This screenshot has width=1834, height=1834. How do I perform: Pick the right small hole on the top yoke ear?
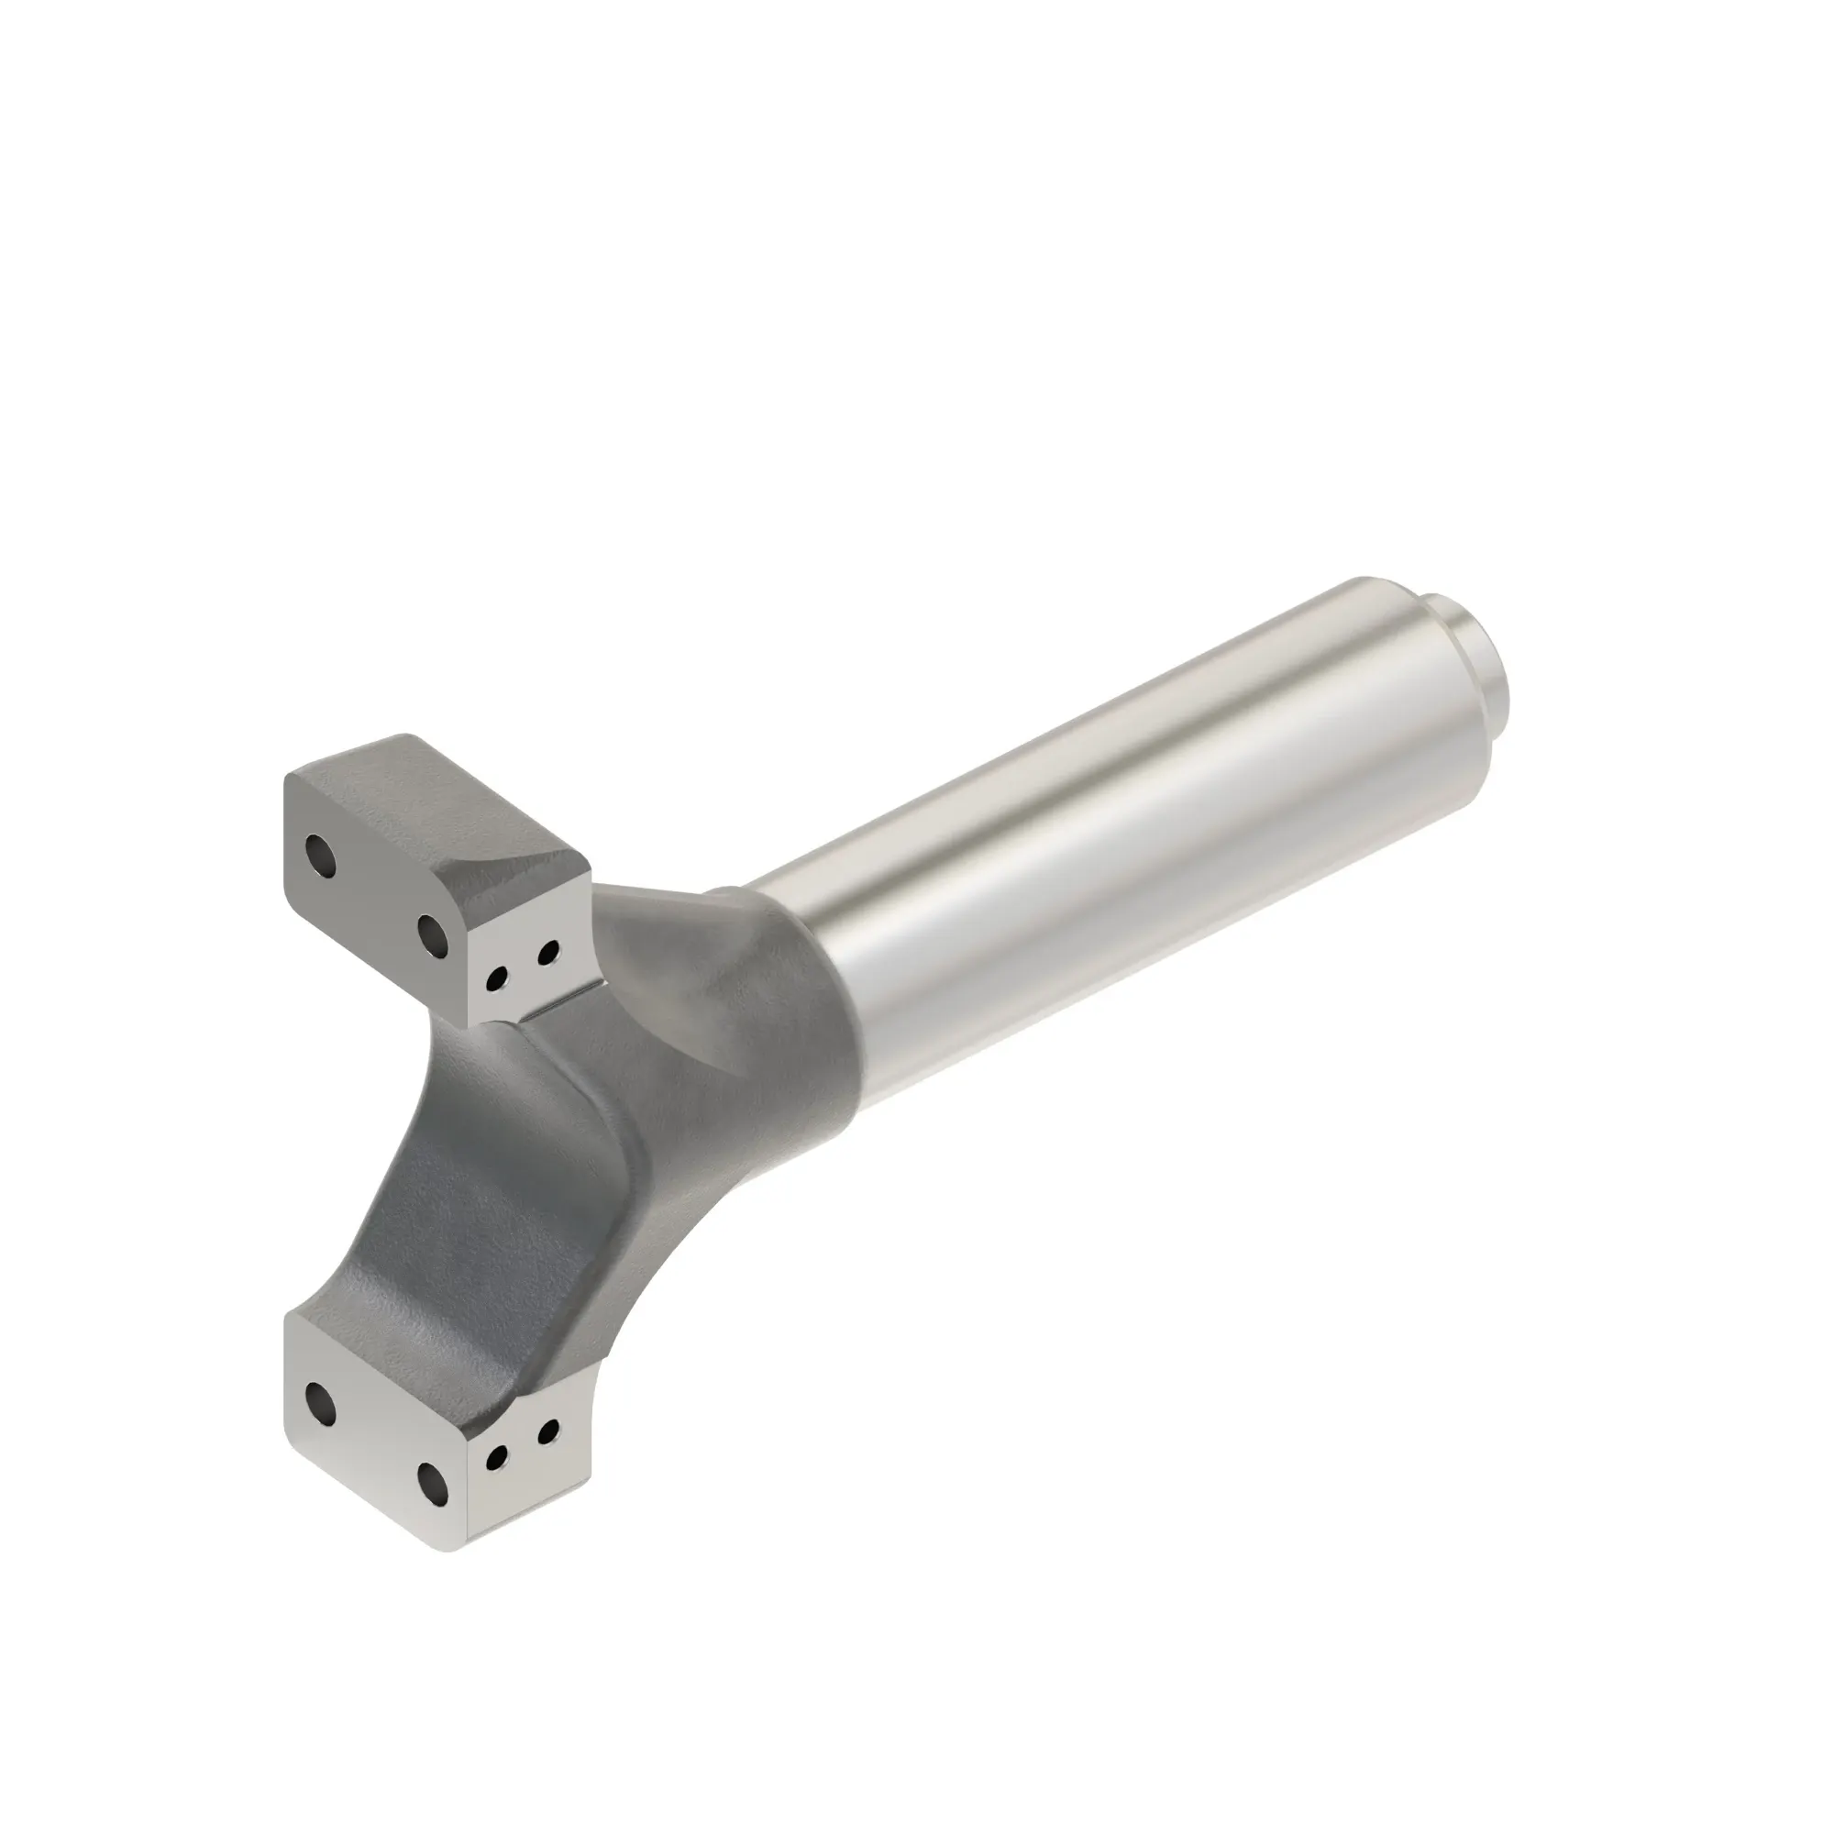(547, 951)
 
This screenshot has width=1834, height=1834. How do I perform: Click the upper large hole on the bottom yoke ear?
(321, 1401)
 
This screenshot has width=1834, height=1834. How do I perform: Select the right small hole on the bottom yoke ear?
(547, 1455)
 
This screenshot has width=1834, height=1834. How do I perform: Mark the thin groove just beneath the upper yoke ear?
(560, 1003)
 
